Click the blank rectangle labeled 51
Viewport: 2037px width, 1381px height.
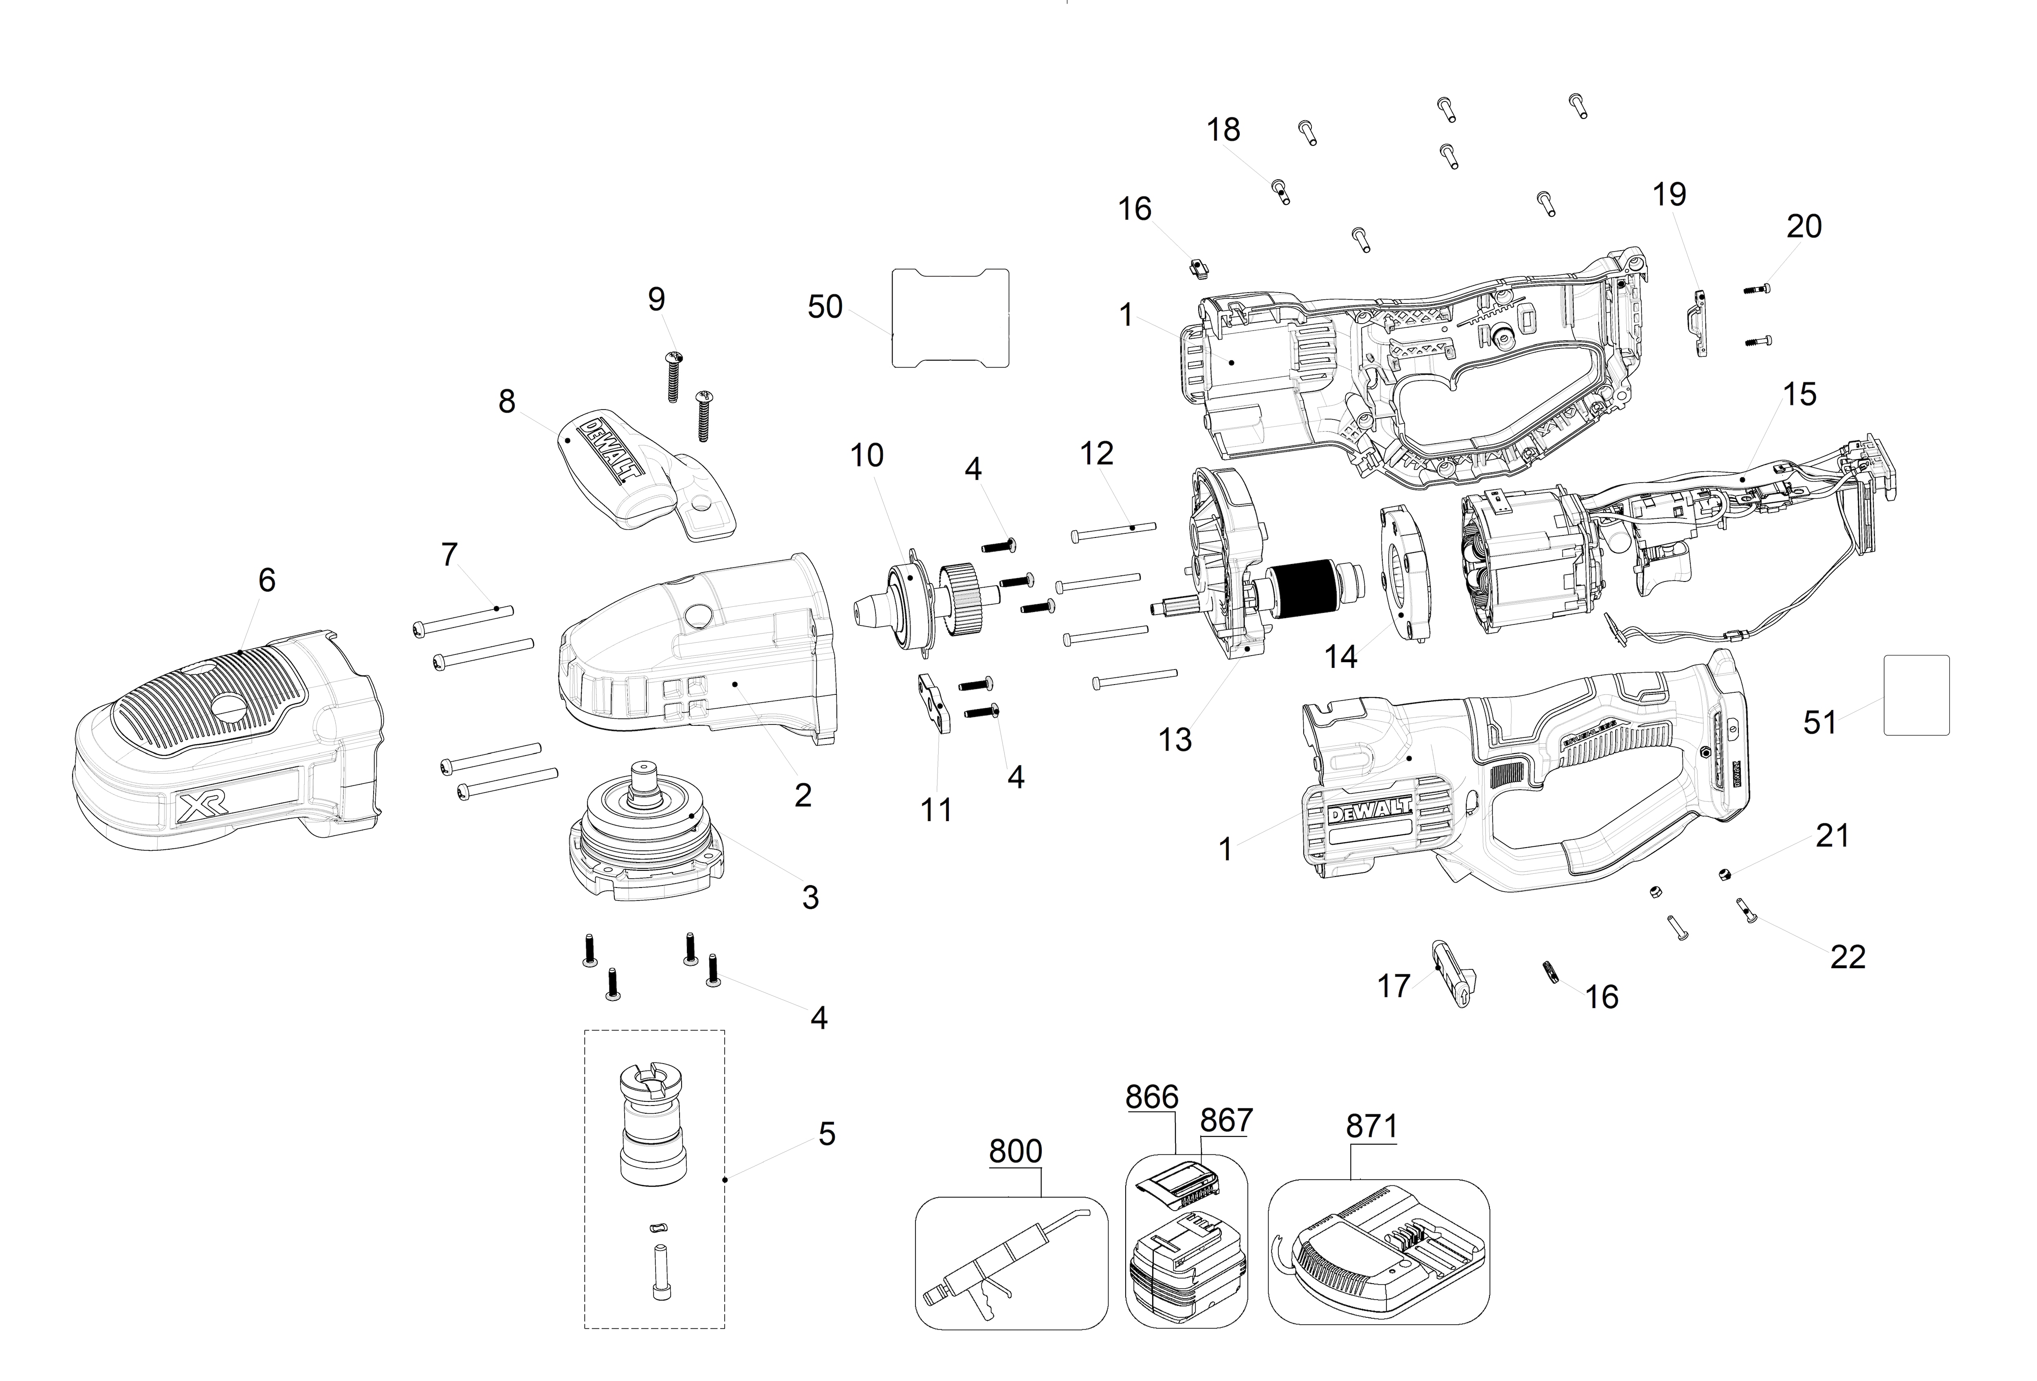point(1916,694)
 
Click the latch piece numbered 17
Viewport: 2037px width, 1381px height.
point(1453,973)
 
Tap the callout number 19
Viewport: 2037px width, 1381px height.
point(1669,195)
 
